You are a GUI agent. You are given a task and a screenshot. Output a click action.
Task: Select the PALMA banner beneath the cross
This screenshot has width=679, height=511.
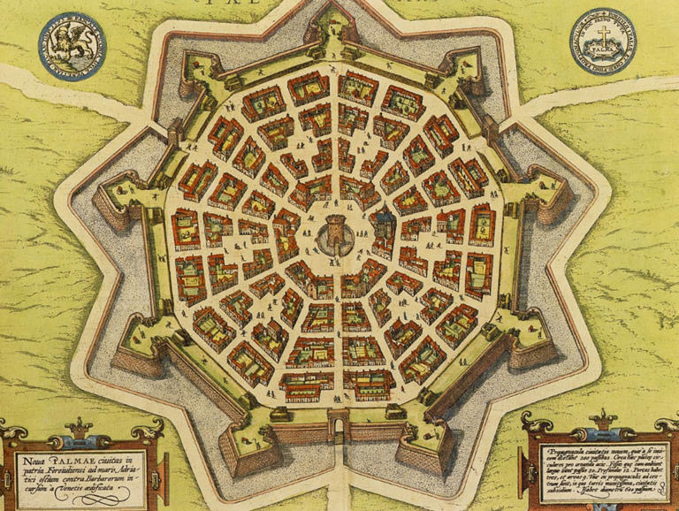[603, 54]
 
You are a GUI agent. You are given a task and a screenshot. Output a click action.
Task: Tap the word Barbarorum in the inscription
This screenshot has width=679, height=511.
[110, 478]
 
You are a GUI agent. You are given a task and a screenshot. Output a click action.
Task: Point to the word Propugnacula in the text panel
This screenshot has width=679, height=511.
[575, 449]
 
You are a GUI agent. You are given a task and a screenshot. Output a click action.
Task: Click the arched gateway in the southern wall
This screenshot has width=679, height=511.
[338, 431]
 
